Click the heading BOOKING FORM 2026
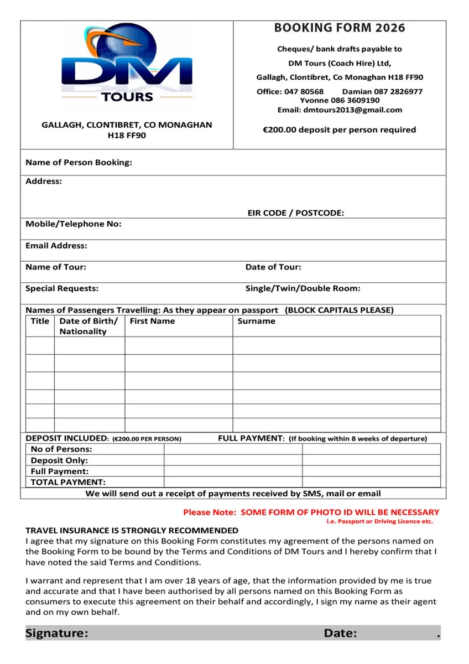[340, 28]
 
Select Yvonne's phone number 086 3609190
[355, 100]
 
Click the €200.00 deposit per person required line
[339, 129]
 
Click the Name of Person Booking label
[79, 163]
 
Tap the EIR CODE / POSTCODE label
[295, 212]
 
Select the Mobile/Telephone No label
[74, 224]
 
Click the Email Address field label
[56, 245]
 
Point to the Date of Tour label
[273, 267]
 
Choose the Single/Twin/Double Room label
[303, 288]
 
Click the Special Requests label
[62, 288]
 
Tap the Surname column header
[256, 321]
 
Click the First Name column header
[152, 321]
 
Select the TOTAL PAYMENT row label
[68, 482]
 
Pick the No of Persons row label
[61, 449]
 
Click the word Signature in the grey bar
[56, 633]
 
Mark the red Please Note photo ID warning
[311, 512]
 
